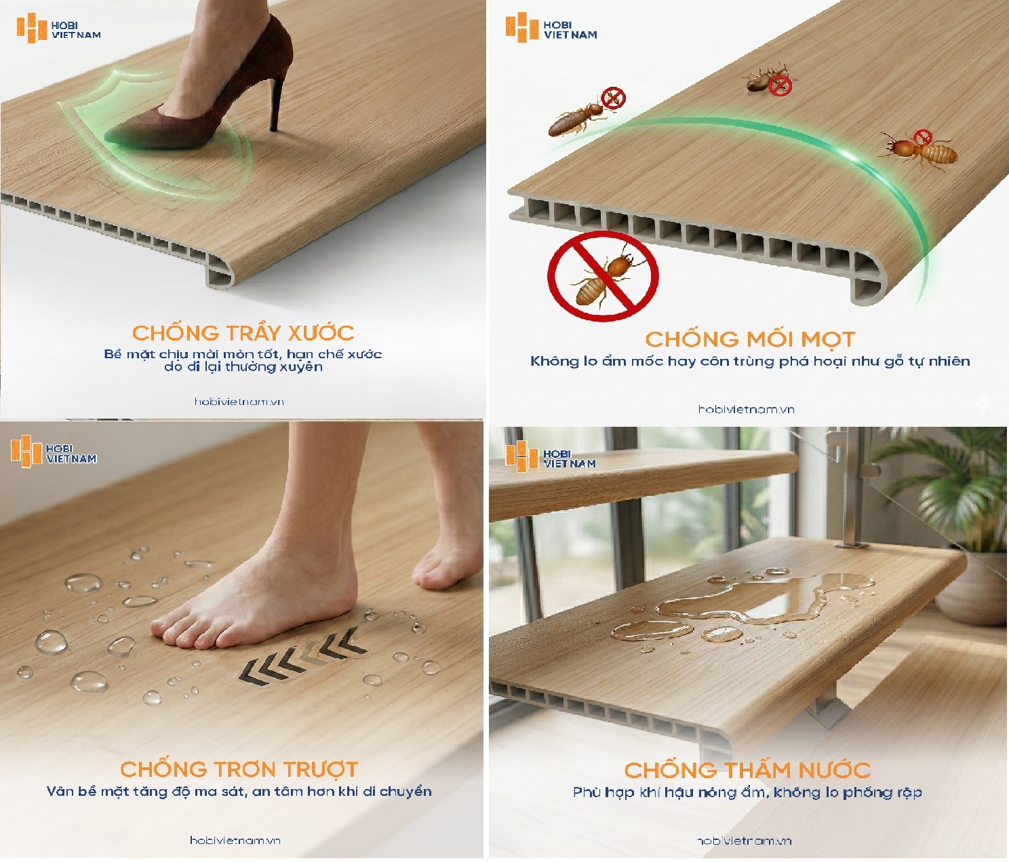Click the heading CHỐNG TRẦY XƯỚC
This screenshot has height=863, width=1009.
[x=243, y=333]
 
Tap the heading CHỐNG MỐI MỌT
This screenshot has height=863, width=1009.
[x=750, y=339]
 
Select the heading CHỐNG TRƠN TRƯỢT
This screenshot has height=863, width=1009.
[x=239, y=769]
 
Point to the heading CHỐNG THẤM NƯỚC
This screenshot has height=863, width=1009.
[x=747, y=770]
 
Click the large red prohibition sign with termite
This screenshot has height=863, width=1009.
[x=603, y=276]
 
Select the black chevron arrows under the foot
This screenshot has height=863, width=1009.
[x=302, y=656]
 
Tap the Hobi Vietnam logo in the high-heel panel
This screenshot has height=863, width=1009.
[x=58, y=29]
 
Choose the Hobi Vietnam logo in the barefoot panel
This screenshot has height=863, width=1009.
[x=54, y=452]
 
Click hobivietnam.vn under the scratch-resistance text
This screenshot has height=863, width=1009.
[x=239, y=402]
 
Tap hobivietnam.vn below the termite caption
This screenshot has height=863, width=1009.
[x=747, y=409]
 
